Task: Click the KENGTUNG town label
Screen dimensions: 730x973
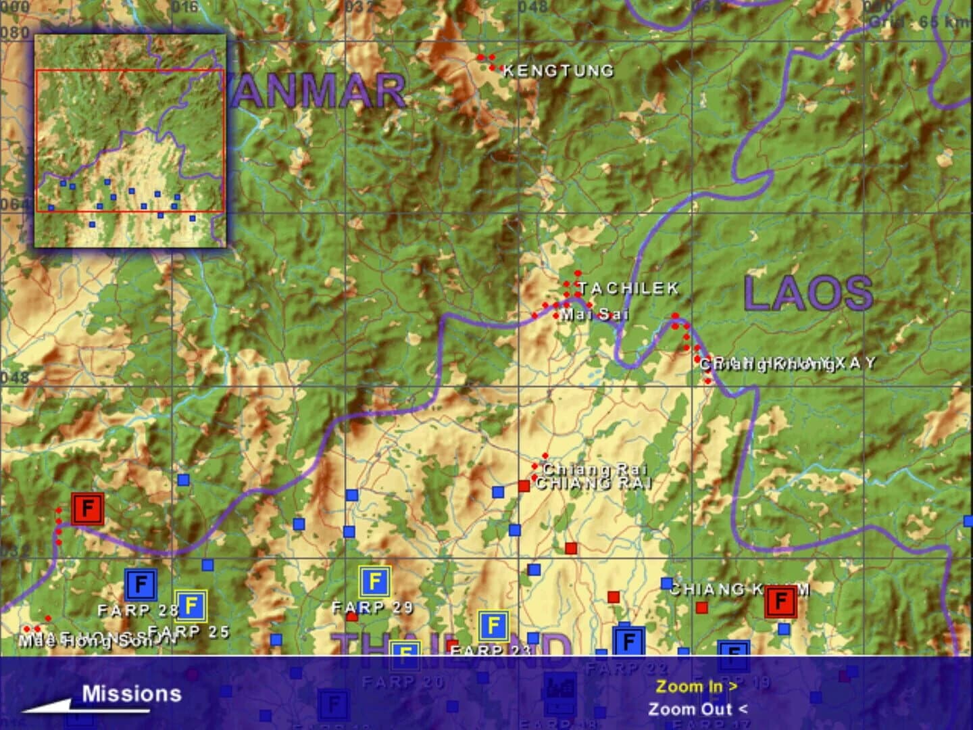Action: (558, 70)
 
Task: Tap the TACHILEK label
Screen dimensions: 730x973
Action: (628, 289)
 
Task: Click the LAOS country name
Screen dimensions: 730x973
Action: (808, 294)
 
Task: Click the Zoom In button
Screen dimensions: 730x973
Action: (697, 686)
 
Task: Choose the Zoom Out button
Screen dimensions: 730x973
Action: (697, 709)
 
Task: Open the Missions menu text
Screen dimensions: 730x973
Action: (132, 693)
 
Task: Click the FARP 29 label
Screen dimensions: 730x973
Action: (372, 607)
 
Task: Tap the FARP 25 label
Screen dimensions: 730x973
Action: (189, 632)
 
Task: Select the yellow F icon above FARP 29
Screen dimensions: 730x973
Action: (374, 581)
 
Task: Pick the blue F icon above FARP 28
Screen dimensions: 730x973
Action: (141, 585)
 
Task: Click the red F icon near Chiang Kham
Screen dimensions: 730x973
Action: (780, 601)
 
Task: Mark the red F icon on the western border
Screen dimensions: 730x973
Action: (87, 508)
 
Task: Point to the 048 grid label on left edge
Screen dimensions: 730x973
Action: (15, 376)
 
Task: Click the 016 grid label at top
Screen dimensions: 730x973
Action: (184, 7)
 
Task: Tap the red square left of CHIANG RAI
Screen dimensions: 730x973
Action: (524, 485)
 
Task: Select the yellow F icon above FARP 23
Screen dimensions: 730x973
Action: (493, 626)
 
